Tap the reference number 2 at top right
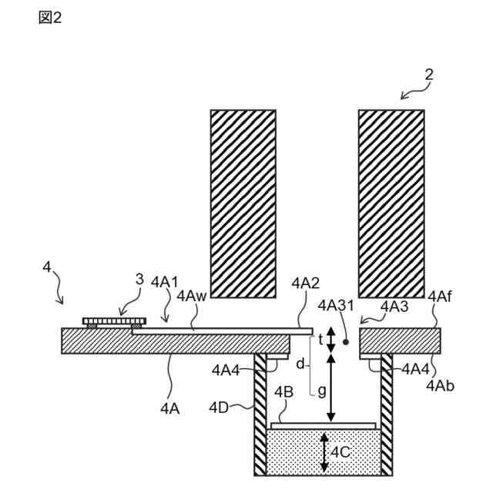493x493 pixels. click(x=428, y=75)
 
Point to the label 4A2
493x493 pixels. click(x=306, y=283)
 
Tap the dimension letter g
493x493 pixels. click(x=322, y=390)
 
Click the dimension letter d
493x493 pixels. click(x=300, y=361)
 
